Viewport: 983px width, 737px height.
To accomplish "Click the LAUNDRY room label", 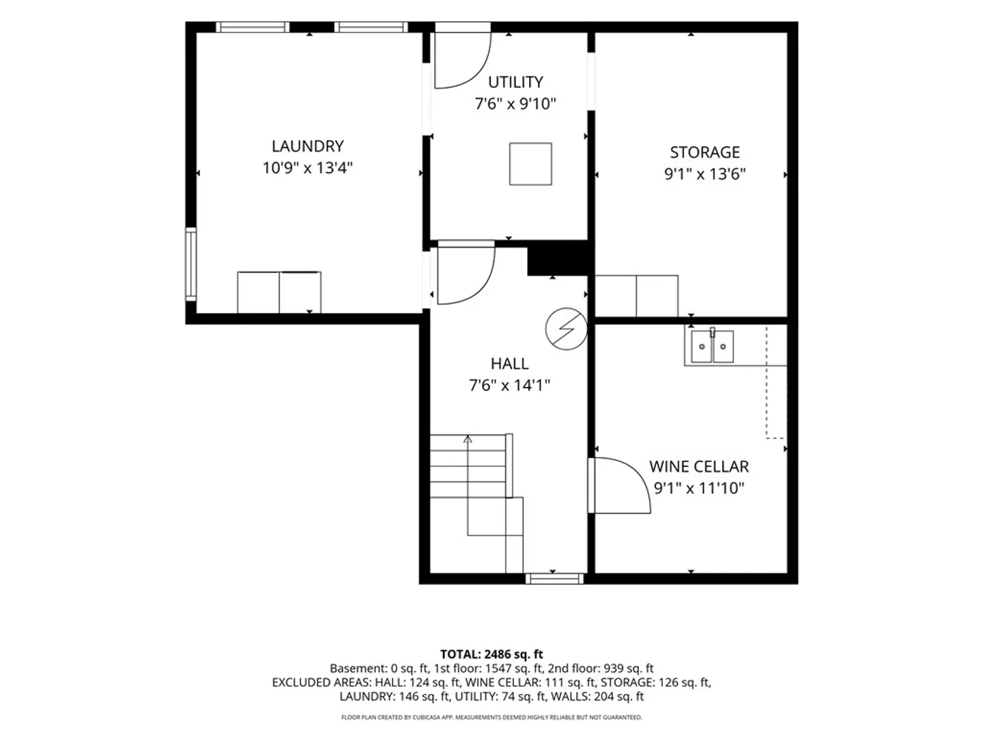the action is click(x=307, y=146).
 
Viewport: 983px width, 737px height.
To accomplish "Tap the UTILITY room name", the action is click(x=515, y=82).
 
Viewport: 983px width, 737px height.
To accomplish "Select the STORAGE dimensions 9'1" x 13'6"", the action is click(x=704, y=173).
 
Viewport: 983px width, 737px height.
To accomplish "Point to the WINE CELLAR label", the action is click(x=698, y=467).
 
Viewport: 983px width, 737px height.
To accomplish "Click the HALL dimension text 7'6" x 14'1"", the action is click(x=509, y=385).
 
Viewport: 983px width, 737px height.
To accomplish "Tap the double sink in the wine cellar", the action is click(x=712, y=346).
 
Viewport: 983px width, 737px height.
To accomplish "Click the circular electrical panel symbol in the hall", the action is click(x=566, y=329).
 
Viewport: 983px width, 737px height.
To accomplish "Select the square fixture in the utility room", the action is click(x=530, y=164).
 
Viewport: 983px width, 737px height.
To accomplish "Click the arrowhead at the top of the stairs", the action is click(x=468, y=439).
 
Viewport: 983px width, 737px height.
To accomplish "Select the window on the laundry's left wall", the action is click(x=191, y=264).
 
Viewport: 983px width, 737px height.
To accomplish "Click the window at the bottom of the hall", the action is click(x=554, y=579).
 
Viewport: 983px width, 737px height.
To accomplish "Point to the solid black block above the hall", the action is click(x=557, y=258).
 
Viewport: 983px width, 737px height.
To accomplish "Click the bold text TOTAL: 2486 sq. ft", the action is click(x=491, y=654).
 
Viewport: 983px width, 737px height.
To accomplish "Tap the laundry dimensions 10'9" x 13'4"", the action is click(x=307, y=168).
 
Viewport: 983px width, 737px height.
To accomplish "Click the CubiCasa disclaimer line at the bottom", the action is click(x=491, y=717).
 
